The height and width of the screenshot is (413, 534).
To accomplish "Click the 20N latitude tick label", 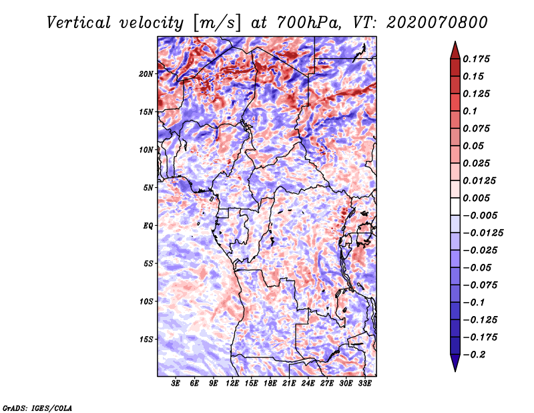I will pos(147,74).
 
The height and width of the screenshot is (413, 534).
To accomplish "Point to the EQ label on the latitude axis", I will pos(148,225).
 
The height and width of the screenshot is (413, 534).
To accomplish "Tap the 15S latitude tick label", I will pos(147,339).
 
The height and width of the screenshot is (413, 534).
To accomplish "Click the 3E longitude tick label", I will pos(176,384).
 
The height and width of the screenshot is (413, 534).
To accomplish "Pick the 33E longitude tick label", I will pos(364,384).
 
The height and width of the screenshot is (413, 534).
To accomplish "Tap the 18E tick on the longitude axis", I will pos(270,384).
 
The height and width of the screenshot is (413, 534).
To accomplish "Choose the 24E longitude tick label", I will pos(308,384).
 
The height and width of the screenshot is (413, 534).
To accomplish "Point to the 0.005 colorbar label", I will pos(478,198).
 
